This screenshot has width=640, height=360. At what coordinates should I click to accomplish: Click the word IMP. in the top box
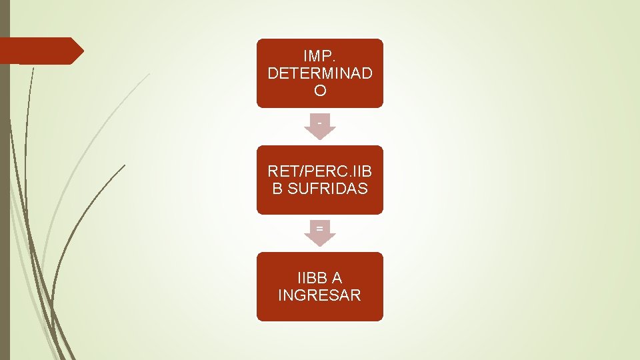320,56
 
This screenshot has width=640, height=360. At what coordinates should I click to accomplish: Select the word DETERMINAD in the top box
320,73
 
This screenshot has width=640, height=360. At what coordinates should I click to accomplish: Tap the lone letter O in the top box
320,91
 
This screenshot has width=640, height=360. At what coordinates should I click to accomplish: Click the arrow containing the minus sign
320,127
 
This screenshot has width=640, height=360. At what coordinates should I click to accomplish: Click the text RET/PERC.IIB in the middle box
320,171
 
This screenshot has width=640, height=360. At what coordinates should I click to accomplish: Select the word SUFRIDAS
328,189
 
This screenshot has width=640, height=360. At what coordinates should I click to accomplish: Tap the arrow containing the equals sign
320,233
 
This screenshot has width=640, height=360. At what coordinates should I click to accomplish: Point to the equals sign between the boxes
320,229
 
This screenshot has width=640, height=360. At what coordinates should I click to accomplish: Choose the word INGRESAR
320,295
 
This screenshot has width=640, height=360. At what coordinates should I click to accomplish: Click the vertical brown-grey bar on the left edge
5,200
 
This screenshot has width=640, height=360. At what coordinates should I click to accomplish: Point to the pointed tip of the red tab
82,51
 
